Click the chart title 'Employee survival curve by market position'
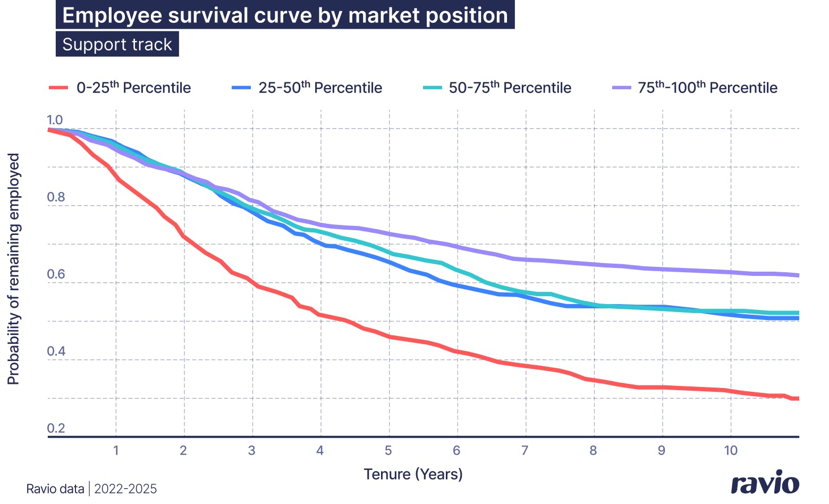coord(285,15)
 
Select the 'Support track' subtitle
coord(117,44)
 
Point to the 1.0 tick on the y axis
coord(55,120)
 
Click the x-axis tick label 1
coord(116,451)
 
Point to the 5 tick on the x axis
coord(388,451)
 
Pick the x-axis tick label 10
coord(731,451)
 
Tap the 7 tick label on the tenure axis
coord(525,451)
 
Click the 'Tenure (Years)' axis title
coord(413,474)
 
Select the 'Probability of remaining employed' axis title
coord(13,269)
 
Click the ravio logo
coord(765,483)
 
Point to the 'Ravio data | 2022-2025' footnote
coord(91,489)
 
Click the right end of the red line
coord(797,398)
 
